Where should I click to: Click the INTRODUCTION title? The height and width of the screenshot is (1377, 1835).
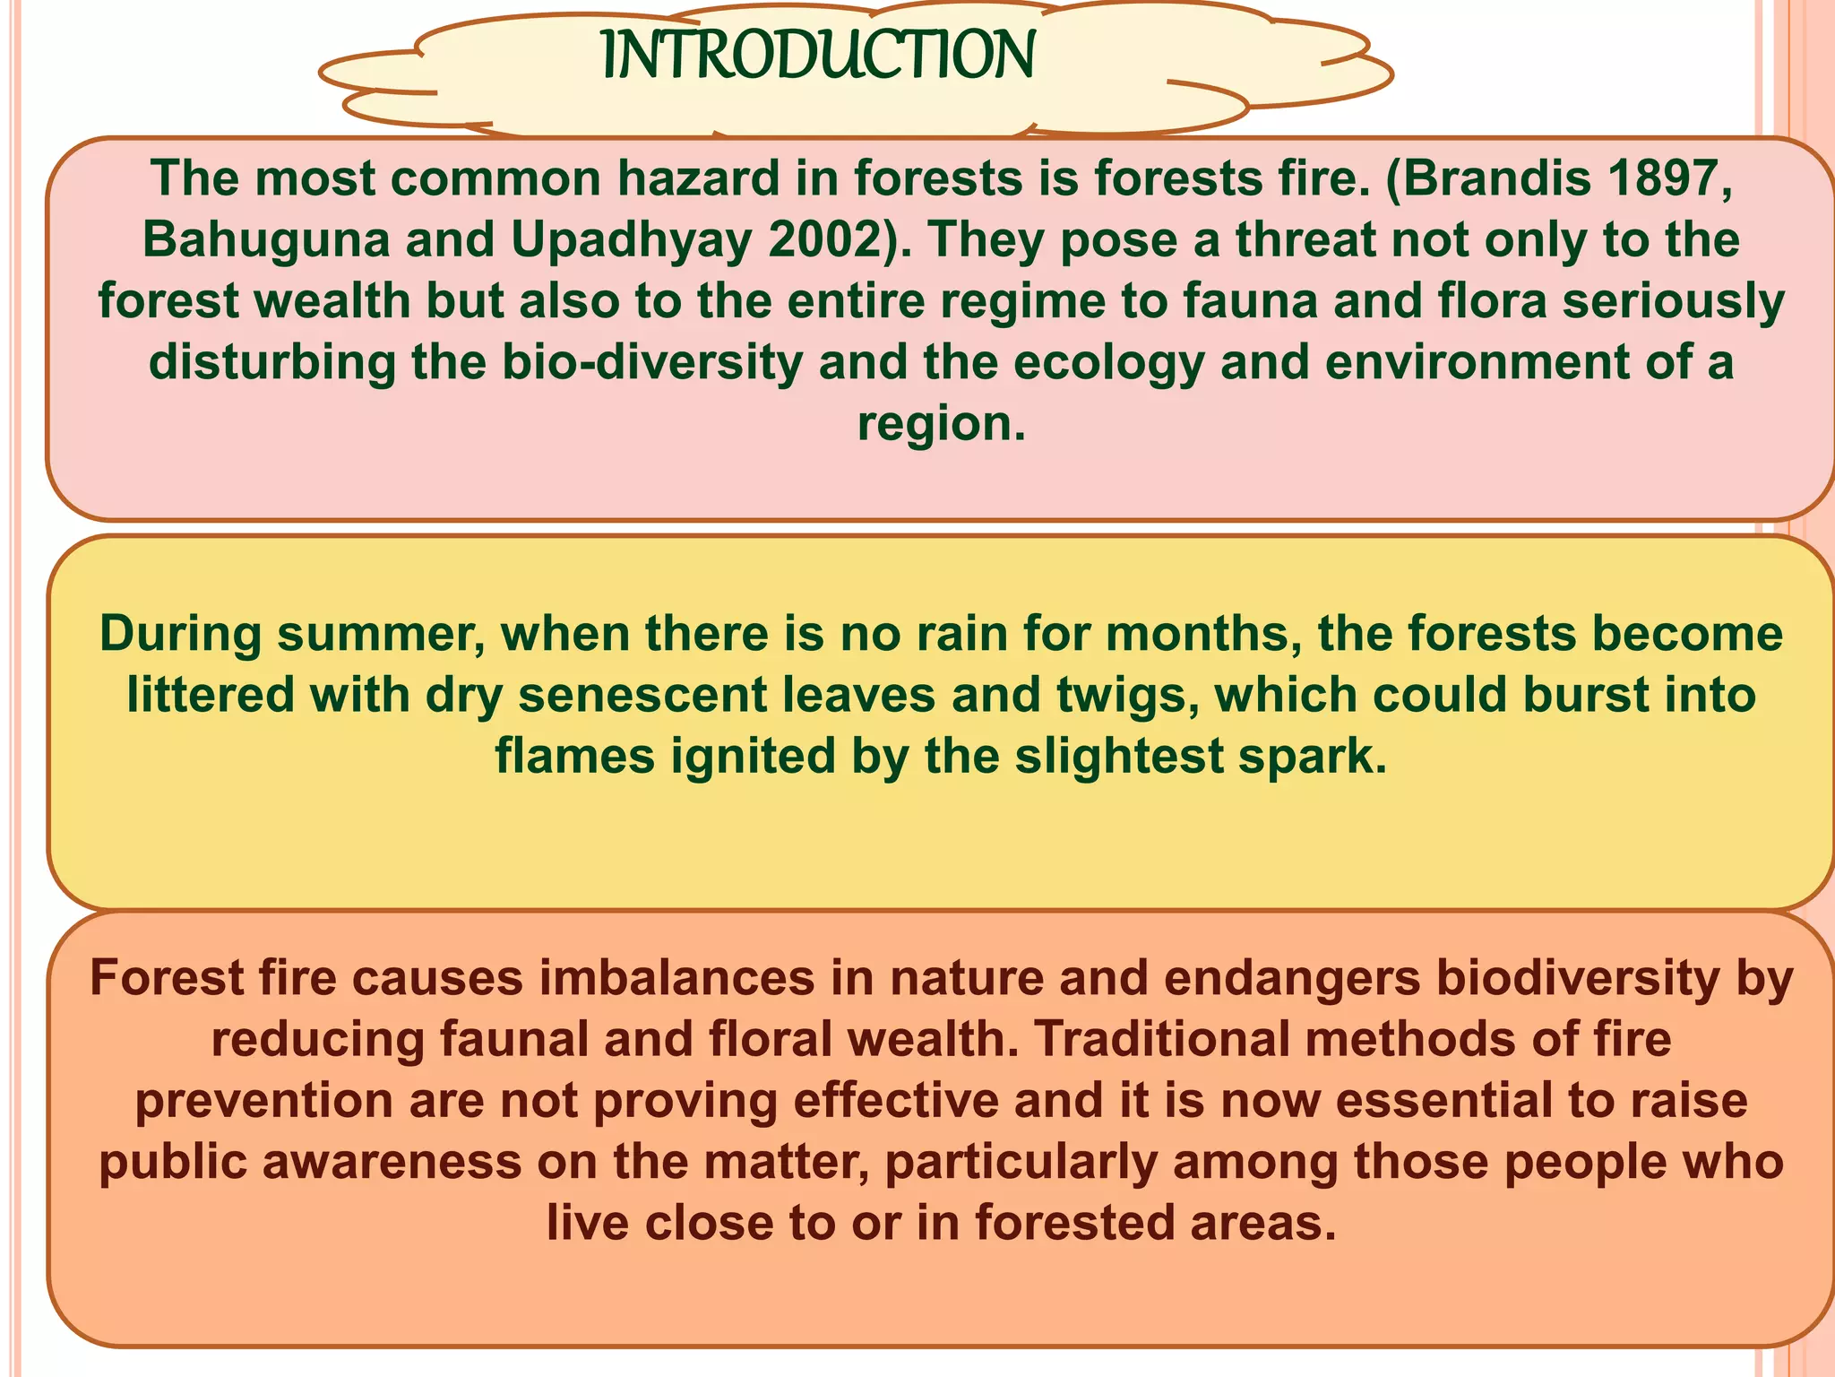(x=818, y=56)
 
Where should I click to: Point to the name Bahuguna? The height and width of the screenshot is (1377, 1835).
(x=265, y=239)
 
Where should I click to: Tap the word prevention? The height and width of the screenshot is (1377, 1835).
(x=264, y=1101)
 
